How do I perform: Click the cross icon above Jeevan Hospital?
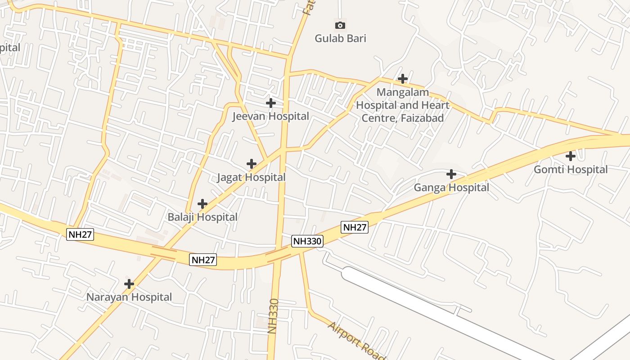pyautogui.click(x=270, y=103)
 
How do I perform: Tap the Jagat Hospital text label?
pyautogui.click(x=251, y=177)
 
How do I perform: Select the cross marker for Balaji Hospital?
pyautogui.click(x=202, y=204)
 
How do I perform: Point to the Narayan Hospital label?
pyautogui.click(x=129, y=297)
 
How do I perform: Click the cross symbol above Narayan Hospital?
pyautogui.click(x=129, y=284)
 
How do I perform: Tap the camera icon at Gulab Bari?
pyautogui.click(x=340, y=25)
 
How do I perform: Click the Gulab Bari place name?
pyautogui.click(x=340, y=38)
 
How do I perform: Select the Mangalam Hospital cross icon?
pyautogui.click(x=403, y=79)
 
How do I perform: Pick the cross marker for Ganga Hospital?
pyautogui.click(x=451, y=174)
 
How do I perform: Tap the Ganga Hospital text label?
pyautogui.click(x=451, y=187)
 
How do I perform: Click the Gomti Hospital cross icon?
pyautogui.click(x=571, y=156)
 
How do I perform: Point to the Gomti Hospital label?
pyautogui.click(x=571, y=170)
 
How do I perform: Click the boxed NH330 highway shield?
pyautogui.click(x=307, y=241)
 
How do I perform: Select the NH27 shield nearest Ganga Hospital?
pyautogui.click(x=355, y=227)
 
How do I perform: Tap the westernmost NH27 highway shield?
pyautogui.click(x=80, y=234)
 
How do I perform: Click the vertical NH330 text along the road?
pyautogui.click(x=273, y=316)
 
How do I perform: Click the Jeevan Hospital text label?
pyautogui.click(x=270, y=117)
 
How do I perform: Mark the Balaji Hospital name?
pyautogui.click(x=202, y=217)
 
